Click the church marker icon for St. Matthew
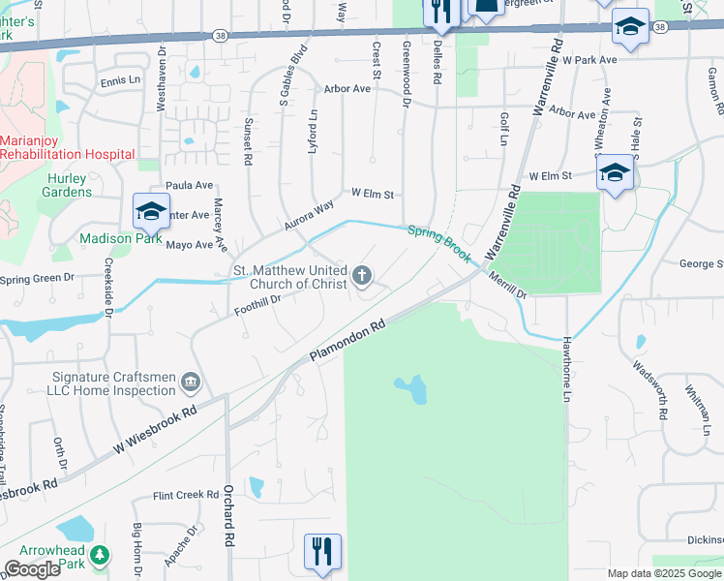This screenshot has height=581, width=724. pos(363,277)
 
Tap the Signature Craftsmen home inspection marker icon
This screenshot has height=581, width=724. pos(190,384)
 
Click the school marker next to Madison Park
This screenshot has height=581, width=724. pos(151,211)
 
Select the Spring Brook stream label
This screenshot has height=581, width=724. pos(438,244)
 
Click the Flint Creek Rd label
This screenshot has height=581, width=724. pos(186,495)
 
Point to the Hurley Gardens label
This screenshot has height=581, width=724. pos(67,185)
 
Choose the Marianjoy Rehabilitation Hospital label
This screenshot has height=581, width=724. pos(67,147)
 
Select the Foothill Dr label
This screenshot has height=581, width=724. pos(256,305)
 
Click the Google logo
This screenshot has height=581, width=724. pos(32,569)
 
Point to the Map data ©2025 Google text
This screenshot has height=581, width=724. pos(664,573)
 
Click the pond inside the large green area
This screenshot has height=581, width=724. pos(412,389)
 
